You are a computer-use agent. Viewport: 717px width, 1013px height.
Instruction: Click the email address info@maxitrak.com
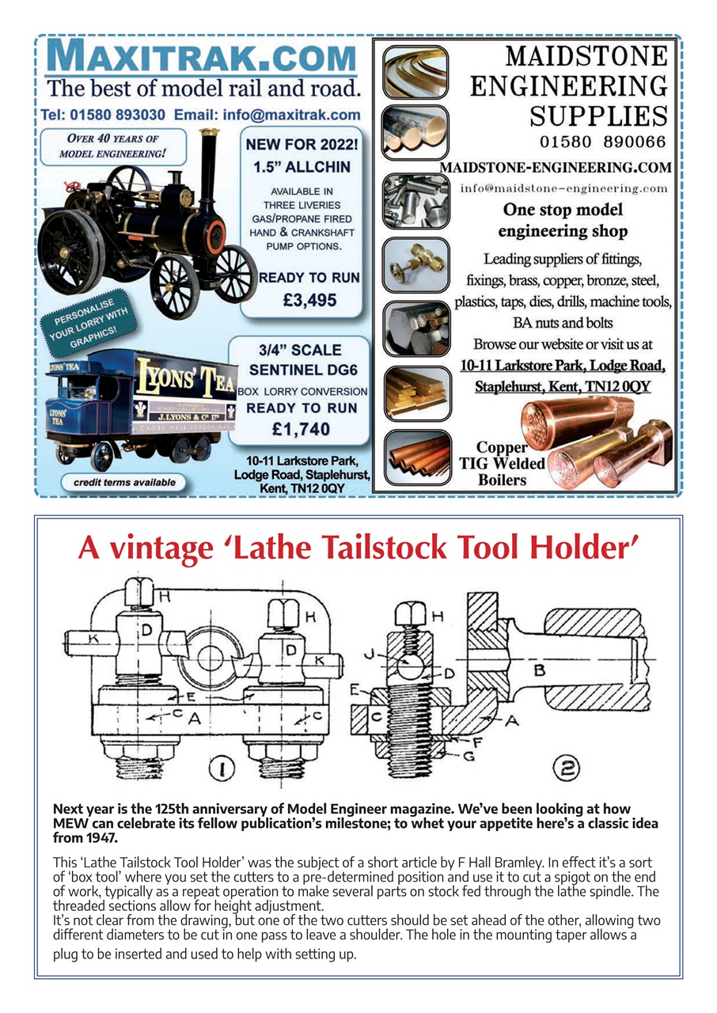click(x=292, y=115)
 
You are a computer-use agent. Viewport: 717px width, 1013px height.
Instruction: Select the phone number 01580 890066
click(x=603, y=142)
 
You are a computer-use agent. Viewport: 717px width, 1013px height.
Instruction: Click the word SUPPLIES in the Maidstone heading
click(x=598, y=116)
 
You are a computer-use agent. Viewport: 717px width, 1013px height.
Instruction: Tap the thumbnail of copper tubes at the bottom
click(x=416, y=457)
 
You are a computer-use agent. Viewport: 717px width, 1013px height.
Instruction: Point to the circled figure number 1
click(x=222, y=767)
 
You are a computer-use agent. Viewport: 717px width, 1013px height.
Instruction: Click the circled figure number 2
click(x=571, y=766)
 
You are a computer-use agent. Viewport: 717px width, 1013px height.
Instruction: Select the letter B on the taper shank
click(x=540, y=670)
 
